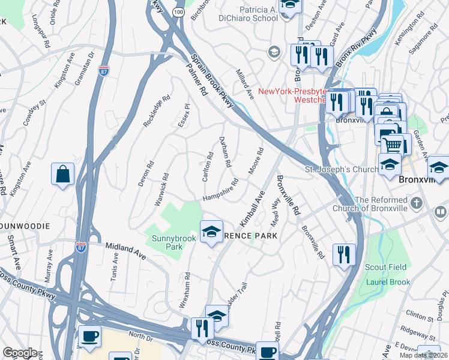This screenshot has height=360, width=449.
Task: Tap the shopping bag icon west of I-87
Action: point(63,176)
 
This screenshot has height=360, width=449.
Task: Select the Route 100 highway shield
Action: point(178,11)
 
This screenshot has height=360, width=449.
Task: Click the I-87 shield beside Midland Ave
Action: point(80,246)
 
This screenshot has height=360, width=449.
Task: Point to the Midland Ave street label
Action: point(125,251)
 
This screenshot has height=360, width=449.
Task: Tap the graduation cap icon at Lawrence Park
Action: point(211,233)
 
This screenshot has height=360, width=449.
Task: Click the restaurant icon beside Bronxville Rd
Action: point(344,255)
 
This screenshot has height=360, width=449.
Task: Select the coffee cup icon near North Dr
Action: point(90,338)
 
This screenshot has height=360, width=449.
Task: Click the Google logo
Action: point(20,353)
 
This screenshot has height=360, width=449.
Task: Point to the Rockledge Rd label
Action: point(153,112)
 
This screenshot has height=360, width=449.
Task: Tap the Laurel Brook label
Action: point(388,282)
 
